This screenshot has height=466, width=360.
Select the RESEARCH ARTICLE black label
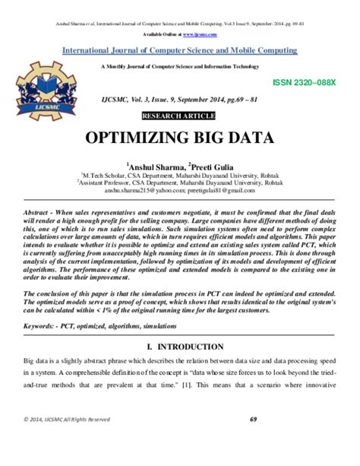pyautogui.click(x=179, y=116)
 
